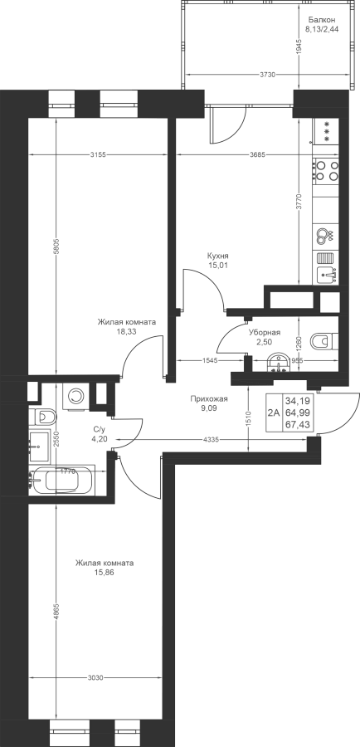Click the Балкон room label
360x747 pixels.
pos(322,20)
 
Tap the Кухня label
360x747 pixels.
pos(218,256)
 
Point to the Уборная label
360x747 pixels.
pos(265,333)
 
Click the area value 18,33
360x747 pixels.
pos(126,332)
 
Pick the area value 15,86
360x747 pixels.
pos(105,572)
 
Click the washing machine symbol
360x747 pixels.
pos(75,395)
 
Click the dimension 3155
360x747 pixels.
pos(98,154)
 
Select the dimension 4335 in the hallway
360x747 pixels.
pos(211,440)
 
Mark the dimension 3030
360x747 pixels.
pos(95,677)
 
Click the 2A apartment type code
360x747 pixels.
pos(274,413)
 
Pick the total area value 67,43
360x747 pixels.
pos(296,424)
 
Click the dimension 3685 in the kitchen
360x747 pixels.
pos(257,154)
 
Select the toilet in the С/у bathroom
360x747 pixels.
pos(43,417)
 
